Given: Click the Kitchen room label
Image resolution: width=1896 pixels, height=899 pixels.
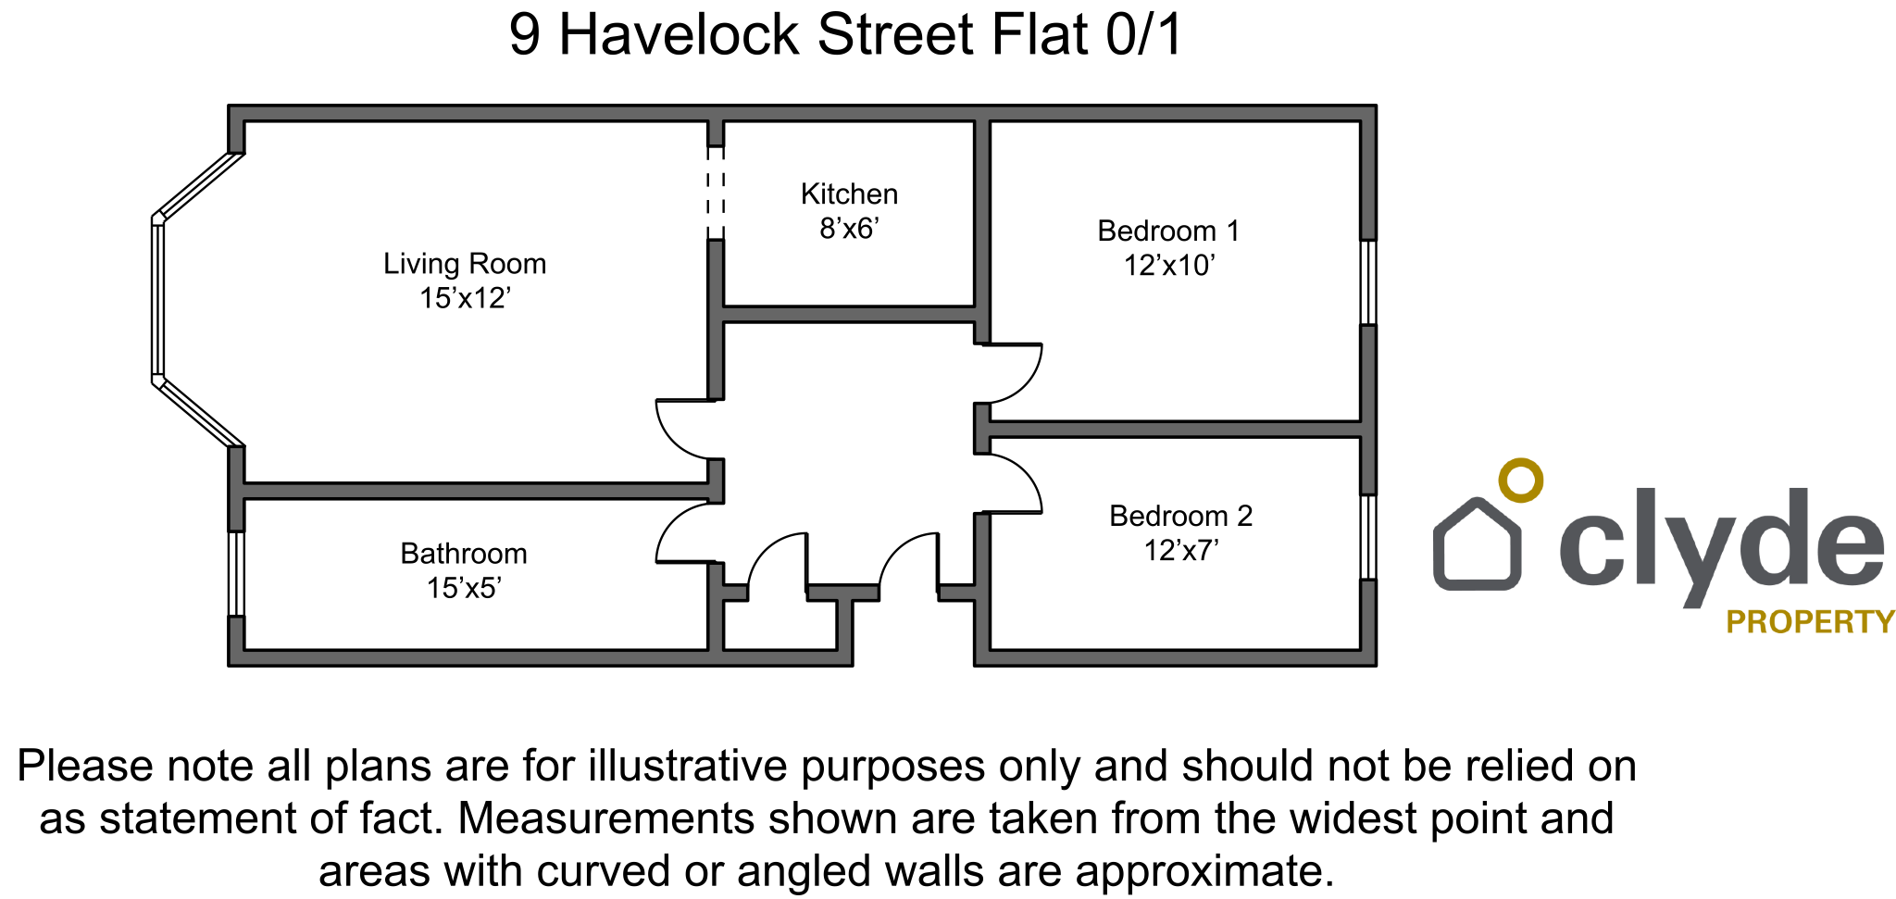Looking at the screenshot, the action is pos(849,194).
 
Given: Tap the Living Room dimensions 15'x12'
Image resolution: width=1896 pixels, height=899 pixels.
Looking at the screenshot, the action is pos(466,298).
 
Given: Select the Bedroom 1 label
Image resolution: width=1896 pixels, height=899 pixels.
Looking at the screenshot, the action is pos(1168,231).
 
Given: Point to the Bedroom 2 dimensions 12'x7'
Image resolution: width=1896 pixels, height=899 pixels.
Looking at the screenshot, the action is pos(1181,551).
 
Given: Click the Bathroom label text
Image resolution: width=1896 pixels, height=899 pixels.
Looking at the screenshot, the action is pos(464,554).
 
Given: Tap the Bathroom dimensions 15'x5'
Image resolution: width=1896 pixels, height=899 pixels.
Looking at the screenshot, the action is pos(464,588).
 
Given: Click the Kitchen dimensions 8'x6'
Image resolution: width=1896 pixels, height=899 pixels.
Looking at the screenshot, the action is pos(849,228).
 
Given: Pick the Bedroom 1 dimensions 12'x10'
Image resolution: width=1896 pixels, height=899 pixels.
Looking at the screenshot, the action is pos(1169,266).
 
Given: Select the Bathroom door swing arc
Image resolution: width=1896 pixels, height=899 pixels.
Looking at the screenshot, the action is pos(673,519).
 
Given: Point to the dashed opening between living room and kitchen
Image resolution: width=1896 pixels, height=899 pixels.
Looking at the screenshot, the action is pos(716,193).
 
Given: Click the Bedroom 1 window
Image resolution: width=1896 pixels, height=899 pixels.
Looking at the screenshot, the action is pos(1368,282).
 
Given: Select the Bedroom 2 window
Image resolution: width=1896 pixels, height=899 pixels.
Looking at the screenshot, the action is pos(1368,537).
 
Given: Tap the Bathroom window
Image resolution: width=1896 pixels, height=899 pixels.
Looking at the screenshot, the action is pos(237,573).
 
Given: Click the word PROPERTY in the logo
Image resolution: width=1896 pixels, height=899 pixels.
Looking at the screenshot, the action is pos(1810,621).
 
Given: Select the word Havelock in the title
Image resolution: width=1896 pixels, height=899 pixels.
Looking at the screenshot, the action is pos(679,35).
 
